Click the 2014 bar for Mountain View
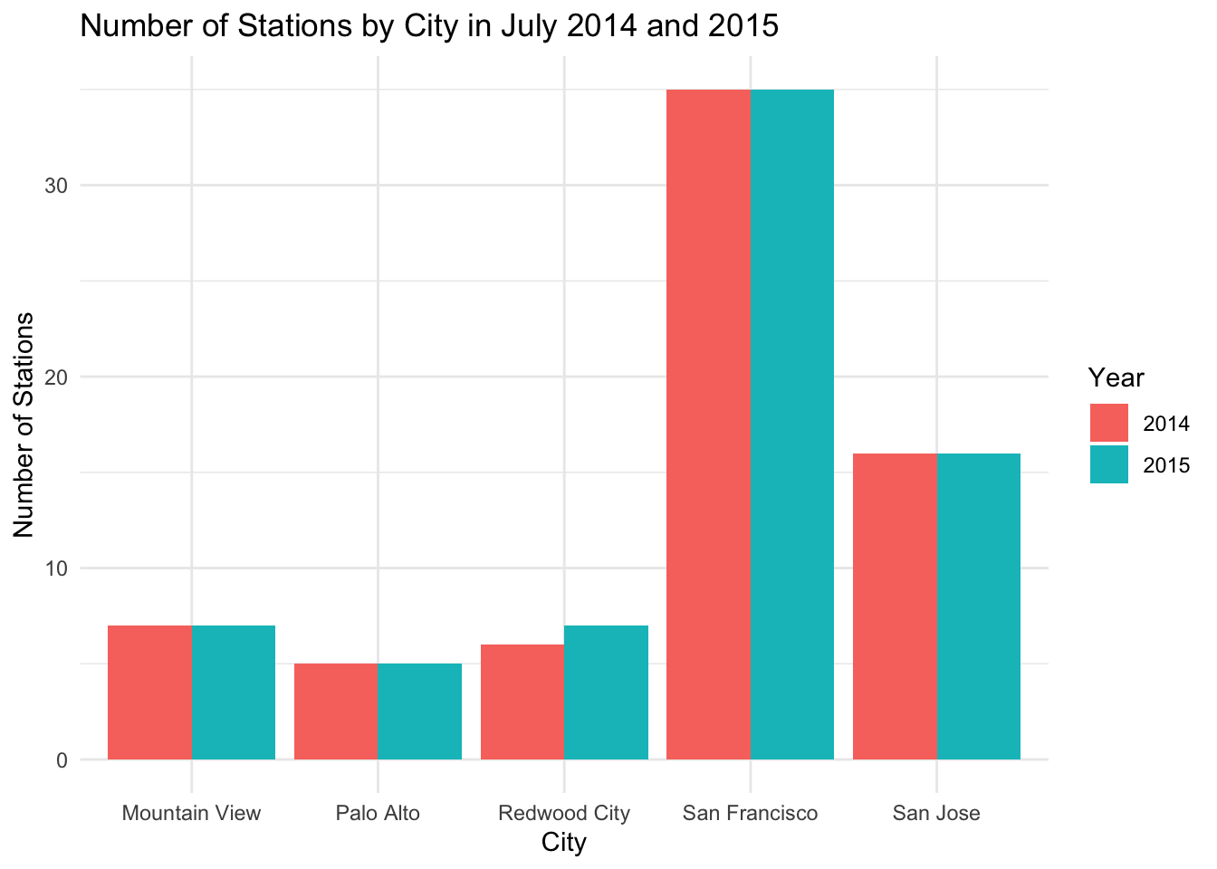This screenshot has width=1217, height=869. point(149,692)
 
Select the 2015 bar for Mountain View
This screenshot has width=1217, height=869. point(234,692)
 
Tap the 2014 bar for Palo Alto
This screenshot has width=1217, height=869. point(336,711)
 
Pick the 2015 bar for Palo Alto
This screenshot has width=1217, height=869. point(420,711)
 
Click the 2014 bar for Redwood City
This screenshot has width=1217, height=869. point(522,702)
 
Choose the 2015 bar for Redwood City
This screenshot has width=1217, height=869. point(607,692)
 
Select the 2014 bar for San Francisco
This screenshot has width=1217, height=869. point(709,425)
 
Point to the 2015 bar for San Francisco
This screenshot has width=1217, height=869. point(792,425)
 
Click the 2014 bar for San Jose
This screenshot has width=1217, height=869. point(896,606)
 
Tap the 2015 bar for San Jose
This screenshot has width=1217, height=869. point(979,606)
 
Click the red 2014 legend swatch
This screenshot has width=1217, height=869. point(1109,423)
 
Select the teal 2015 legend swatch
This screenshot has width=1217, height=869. point(1109,464)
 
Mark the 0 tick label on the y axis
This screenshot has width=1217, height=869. point(62,760)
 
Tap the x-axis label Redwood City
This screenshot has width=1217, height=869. point(564,813)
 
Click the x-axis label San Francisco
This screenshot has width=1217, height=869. point(751,813)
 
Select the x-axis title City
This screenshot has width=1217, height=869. point(564,843)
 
